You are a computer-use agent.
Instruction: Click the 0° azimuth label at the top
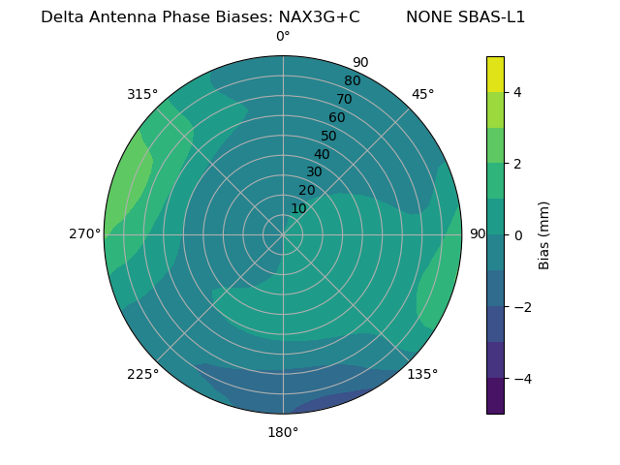(283, 37)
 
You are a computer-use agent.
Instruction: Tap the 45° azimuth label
(422, 94)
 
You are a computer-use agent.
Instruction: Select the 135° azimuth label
(422, 374)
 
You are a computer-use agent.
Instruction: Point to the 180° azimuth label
(283, 432)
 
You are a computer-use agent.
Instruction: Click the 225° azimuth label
(142, 374)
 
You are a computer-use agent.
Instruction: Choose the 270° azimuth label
(85, 233)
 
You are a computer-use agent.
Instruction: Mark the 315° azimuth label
(142, 94)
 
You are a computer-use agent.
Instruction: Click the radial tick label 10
(298, 208)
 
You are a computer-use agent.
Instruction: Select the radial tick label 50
(329, 136)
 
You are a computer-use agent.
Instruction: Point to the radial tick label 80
(352, 80)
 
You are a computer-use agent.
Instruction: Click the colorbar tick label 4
(517, 92)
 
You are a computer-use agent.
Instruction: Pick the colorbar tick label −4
(521, 378)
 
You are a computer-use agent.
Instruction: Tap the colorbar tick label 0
(517, 234)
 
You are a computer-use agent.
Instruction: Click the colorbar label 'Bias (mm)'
(544, 234)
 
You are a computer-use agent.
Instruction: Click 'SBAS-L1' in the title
(492, 17)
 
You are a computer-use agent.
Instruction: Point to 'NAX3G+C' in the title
(319, 17)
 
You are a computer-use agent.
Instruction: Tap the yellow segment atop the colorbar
(495, 75)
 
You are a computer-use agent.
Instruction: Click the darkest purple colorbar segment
(495, 396)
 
